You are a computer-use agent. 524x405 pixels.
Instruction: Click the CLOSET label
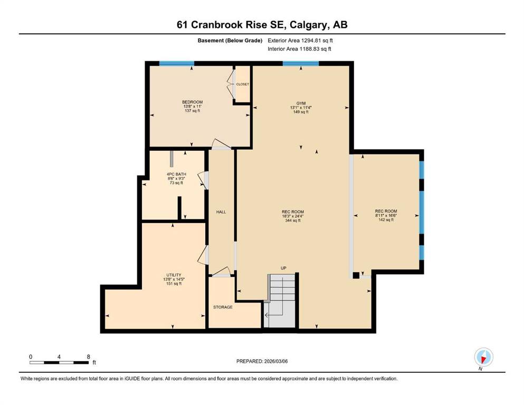tap(242, 84)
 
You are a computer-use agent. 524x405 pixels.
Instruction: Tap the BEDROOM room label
tap(192, 102)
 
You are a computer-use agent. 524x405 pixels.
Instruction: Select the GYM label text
tap(301, 103)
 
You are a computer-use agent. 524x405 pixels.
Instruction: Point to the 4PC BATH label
tap(176, 174)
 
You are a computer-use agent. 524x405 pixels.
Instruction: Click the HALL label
tap(221, 212)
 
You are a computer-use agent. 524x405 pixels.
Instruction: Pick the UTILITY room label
tap(174, 275)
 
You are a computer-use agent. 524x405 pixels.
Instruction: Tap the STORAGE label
tap(223, 307)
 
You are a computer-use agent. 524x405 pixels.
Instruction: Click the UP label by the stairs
tap(283, 268)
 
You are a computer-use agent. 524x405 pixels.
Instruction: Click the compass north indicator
tap(483, 357)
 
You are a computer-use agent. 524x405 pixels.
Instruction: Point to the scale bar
tap(59, 362)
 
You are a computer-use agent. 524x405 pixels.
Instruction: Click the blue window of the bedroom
tap(177, 63)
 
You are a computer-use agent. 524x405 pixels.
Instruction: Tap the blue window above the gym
tap(301, 63)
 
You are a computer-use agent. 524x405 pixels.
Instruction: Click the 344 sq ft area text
tap(293, 220)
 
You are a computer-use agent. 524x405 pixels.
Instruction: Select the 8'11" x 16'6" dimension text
tap(386, 216)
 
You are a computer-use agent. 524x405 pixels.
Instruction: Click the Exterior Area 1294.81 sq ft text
tap(300, 41)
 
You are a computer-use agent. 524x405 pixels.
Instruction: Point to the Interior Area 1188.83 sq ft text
tap(299, 49)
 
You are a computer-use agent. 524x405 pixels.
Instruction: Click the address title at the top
tap(262, 25)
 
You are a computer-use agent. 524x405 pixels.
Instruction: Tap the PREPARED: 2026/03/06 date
tap(262, 361)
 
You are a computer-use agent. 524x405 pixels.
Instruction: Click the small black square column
tap(356, 275)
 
